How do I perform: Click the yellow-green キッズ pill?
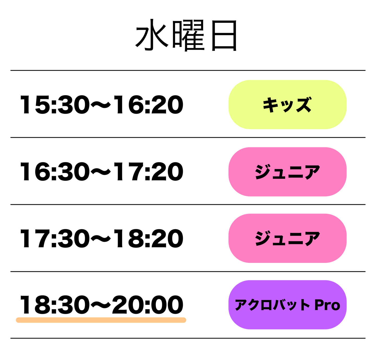coord(287,104)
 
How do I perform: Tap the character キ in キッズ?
coord(270,105)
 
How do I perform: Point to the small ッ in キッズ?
coord(286,106)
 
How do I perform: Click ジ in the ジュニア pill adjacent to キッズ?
coord(263,172)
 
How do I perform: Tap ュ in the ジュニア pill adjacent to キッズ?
coord(279,174)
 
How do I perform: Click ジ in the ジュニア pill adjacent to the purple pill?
coord(263,239)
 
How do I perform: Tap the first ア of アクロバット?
coord(241,305)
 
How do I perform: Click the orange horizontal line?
coord(101,320)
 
